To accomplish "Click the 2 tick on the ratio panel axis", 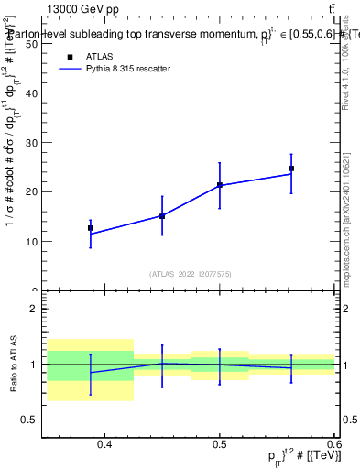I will coord(34,309).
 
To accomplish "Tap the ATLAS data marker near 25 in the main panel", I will coord(291,169).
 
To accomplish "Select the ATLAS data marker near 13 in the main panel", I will coord(91,228).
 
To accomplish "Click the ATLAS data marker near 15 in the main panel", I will coord(162,216).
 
